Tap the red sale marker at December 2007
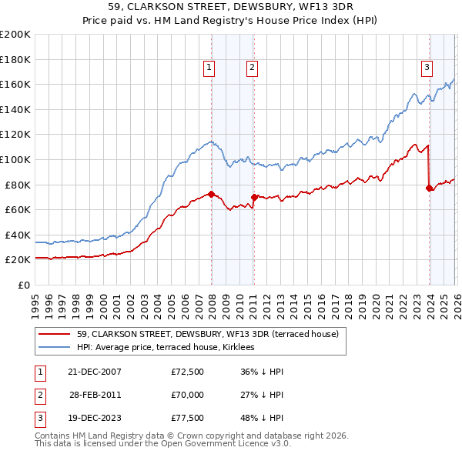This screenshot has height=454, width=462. click(x=211, y=194)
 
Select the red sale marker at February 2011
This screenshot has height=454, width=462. click(x=254, y=197)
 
